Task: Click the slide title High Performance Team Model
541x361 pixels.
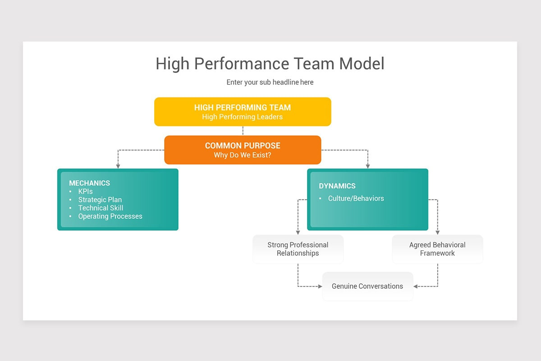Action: coord(270,64)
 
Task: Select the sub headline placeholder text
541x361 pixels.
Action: coord(270,82)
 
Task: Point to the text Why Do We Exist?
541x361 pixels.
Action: coord(243,155)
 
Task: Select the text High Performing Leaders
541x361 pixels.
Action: coord(243,117)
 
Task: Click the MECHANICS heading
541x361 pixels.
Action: coord(89,183)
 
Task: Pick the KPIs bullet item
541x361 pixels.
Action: coord(85,191)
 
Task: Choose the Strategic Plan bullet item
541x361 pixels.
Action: coord(100,199)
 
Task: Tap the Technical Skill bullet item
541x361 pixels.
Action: coord(101,208)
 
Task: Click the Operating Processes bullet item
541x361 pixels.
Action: coord(110,216)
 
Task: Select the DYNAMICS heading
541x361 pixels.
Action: coord(337,186)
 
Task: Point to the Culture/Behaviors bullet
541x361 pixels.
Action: coord(356,199)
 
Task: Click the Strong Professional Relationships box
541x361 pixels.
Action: coord(298,249)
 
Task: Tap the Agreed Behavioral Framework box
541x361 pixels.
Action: coord(437,249)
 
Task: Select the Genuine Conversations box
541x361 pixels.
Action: coord(367,286)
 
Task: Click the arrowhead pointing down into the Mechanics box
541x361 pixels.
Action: coord(118,166)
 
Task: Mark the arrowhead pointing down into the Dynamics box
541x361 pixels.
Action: coord(368,166)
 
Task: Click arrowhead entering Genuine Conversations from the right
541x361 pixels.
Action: coord(416,286)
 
